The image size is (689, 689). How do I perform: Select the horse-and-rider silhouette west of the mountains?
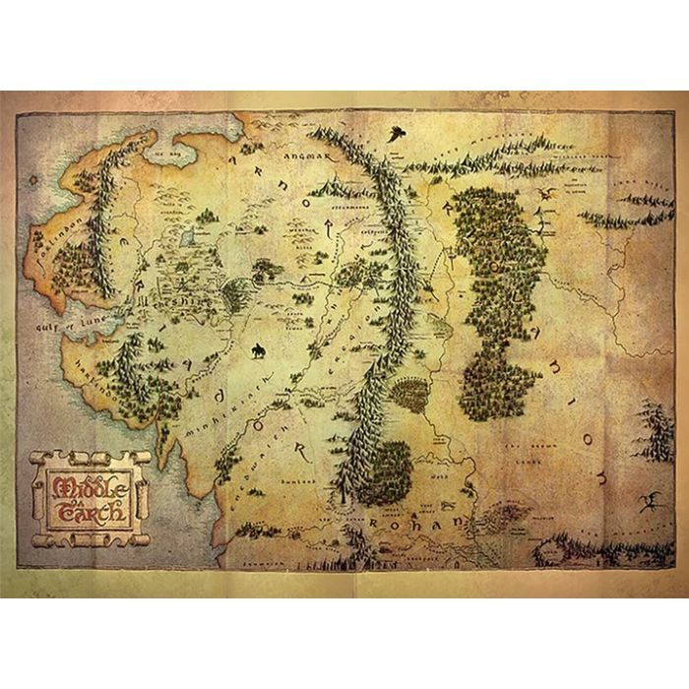pyautogui.click(x=258, y=350)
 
